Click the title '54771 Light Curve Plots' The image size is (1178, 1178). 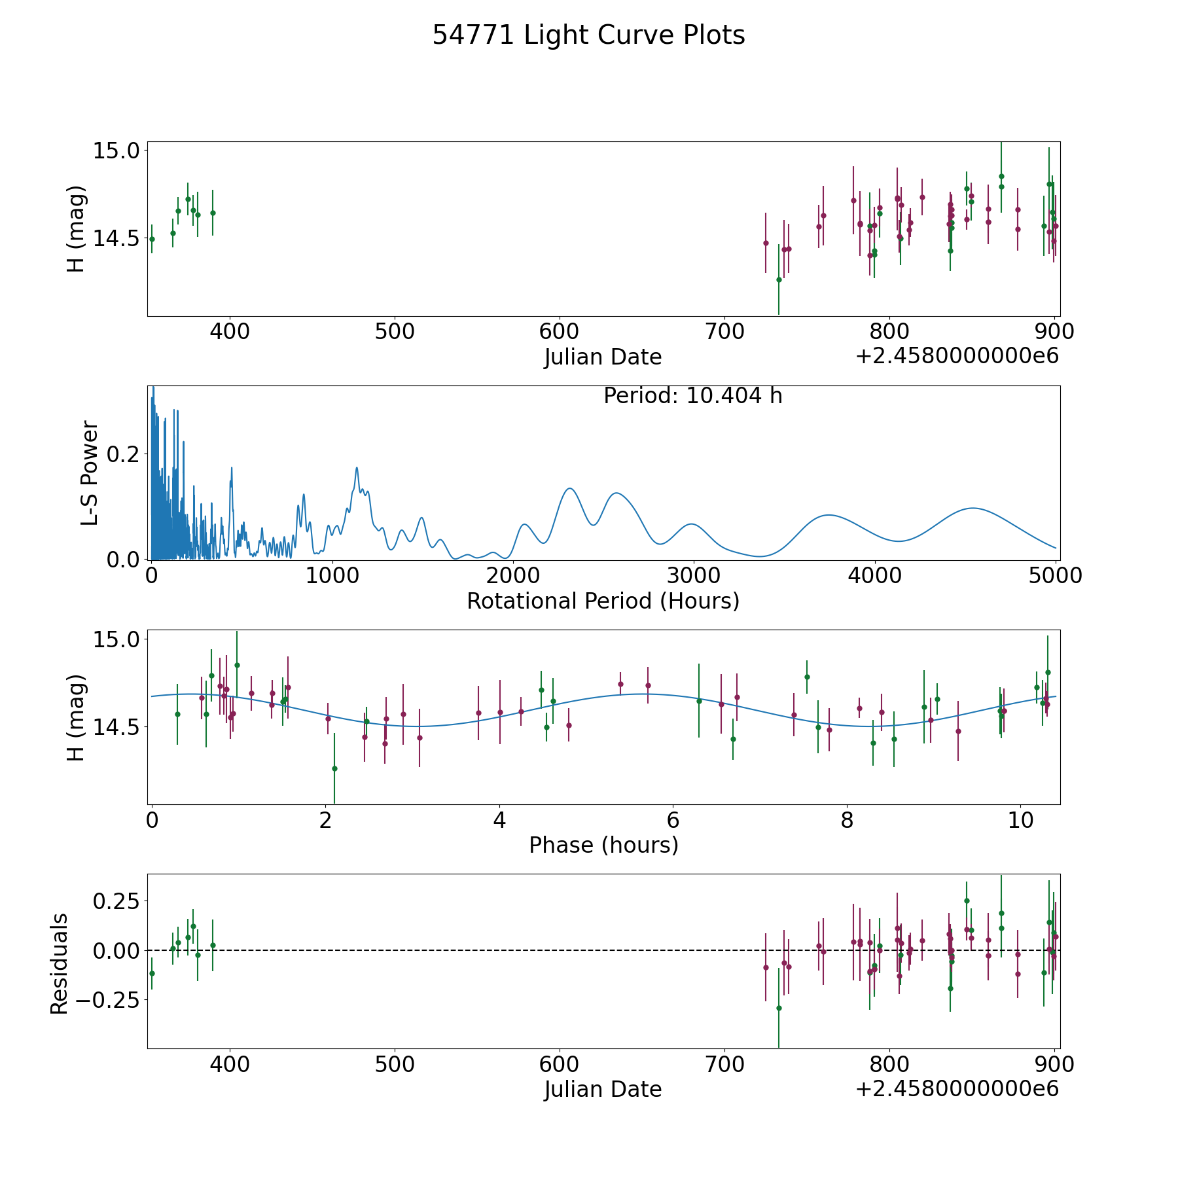(588, 35)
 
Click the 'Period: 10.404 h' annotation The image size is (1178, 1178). (693, 396)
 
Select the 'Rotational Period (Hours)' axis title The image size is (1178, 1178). (603, 601)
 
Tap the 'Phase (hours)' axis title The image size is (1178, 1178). (603, 845)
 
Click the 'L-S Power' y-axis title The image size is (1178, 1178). (90, 473)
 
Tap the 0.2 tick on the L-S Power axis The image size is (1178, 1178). (123, 454)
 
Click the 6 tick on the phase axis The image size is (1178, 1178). (673, 821)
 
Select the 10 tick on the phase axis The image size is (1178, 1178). (1021, 821)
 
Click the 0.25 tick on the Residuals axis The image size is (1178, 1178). (116, 901)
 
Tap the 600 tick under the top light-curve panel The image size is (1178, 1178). (560, 332)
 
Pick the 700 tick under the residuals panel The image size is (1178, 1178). (724, 1065)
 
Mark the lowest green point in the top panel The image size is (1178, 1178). (779, 279)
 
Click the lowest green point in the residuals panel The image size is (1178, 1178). (779, 1008)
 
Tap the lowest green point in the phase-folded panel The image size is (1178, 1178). (334, 768)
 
